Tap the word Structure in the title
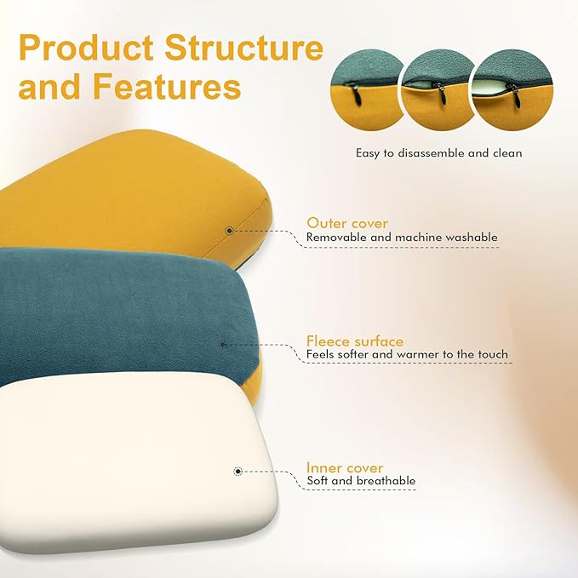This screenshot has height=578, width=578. [247, 48]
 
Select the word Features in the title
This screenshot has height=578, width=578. [174, 88]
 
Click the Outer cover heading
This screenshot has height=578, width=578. [347, 223]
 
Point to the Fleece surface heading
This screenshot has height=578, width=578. [355, 341]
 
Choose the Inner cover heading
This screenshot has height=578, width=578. [345, 467]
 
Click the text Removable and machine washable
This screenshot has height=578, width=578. [402, 237]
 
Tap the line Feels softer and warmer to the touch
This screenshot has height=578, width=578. [407, 354]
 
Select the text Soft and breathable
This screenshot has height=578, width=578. [361, 481]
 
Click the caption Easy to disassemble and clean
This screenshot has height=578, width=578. [438, 153]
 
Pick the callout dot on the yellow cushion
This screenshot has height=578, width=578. [229, 231]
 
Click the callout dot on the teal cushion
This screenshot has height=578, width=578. [222, 344]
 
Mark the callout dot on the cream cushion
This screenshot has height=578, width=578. [237, 470]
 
